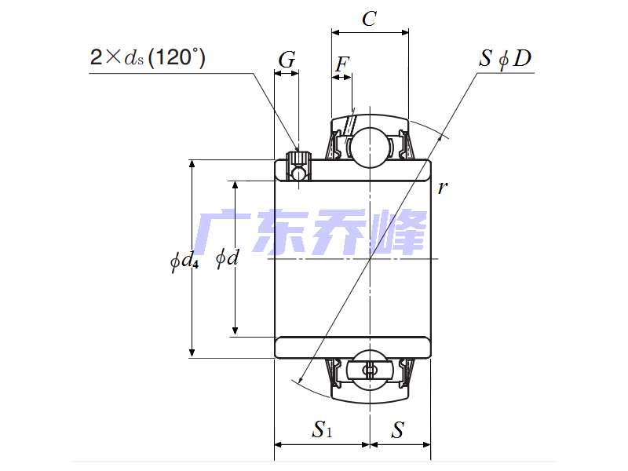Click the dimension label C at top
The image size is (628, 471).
point(369,20)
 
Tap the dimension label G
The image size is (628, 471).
point(287,60)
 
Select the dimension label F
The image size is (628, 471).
point(341,64)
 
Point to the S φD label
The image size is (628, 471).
point(506,59)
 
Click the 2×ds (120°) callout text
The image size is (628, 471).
point(148,57)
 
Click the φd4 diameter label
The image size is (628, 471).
point(184,260)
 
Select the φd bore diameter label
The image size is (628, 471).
point(226,257)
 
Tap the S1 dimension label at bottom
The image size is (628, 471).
point(322,429)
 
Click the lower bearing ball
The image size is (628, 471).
point(369,369)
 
